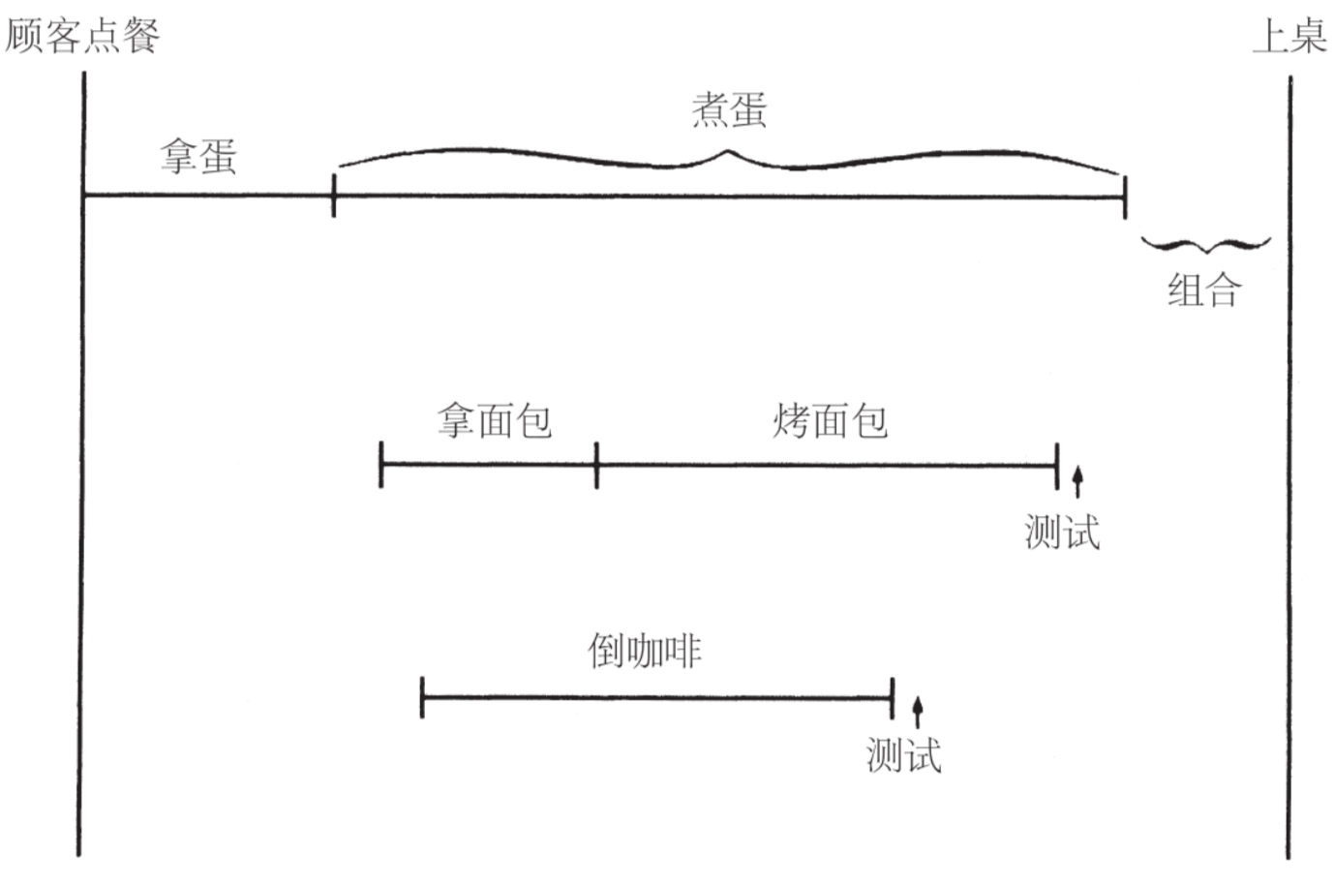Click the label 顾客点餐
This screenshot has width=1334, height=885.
click(x=81, y=36)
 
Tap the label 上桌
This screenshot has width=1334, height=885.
click(x=1289, y=37)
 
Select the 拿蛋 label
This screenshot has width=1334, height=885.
click(x=198, y=157)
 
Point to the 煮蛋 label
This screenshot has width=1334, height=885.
click(x=729, y=109)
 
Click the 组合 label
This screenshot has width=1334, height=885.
click(x=1203, y=290)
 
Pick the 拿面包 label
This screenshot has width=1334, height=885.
click(x=494, y=420)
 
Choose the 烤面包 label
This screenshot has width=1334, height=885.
click(x=830, y=420)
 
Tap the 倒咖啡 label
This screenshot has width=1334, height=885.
click(x=645, y=651)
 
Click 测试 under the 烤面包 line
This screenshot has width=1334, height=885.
click(x=1062, y=532)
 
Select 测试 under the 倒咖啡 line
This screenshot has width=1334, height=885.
click(x=903, y=755)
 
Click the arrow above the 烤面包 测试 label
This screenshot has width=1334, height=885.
click(x=1077, y=480)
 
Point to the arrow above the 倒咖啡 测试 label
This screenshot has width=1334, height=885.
click(x=918, y=712)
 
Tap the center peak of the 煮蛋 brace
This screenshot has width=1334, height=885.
click(x=729, y=152)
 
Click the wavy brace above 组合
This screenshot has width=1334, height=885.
click(x=1205, y=244)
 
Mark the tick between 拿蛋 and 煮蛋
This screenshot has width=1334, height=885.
click(x=334, y=196)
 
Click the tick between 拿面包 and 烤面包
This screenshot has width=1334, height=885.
click(x=596, y=465)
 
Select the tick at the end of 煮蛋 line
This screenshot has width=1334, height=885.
click(x=1124, y=198)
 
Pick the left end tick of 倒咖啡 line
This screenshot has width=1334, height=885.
click(x=422, y=697)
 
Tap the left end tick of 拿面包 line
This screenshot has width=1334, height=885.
click(x=381, y=465)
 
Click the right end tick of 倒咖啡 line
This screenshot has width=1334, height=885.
click(x=892, y=697)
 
